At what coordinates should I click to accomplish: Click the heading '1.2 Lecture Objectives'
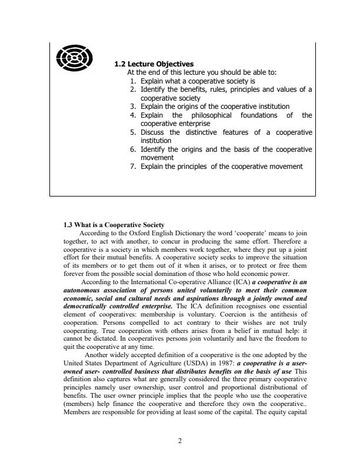154,64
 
